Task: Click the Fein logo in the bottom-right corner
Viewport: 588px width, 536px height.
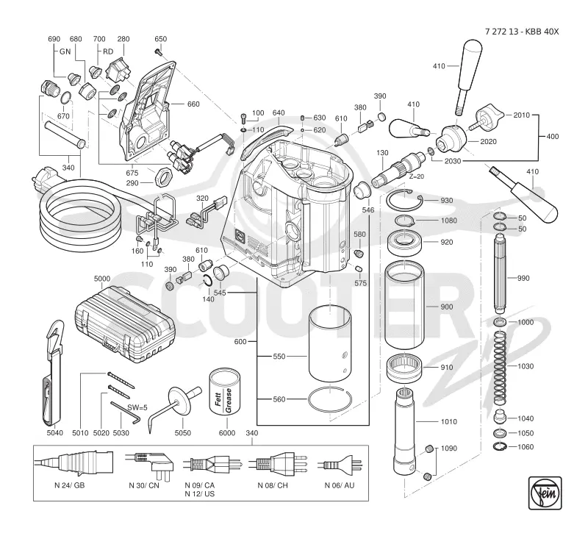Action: coord(545,493)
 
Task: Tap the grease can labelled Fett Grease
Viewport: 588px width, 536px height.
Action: coord(225,393)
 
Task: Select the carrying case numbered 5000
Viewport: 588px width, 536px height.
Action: coord(125,324)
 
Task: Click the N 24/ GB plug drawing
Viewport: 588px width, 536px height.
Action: coord(74,462)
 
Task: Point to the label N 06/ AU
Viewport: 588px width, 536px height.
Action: coord(340,485)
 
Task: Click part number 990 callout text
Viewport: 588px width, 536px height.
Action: coord(523,278)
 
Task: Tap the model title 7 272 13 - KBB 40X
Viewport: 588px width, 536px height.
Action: coord(522,32)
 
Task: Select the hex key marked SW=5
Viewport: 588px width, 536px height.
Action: coord(125,412)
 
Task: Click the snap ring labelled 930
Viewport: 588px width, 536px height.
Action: coord(404,201)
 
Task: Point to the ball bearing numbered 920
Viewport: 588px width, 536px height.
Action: coord(405,242)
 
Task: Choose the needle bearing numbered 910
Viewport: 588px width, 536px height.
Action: coord(404,368)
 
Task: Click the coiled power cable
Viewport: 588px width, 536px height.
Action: coord(81,218)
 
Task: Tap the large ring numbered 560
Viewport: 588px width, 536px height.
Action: coord(330,400)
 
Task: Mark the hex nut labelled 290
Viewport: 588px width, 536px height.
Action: coord(163,177)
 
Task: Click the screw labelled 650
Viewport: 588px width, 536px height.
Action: coord(158,51)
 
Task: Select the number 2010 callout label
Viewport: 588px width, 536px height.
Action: coord(521,115)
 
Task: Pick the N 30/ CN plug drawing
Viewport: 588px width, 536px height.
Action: coord(150,465)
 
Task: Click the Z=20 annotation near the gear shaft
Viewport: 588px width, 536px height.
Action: coord(416,176)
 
